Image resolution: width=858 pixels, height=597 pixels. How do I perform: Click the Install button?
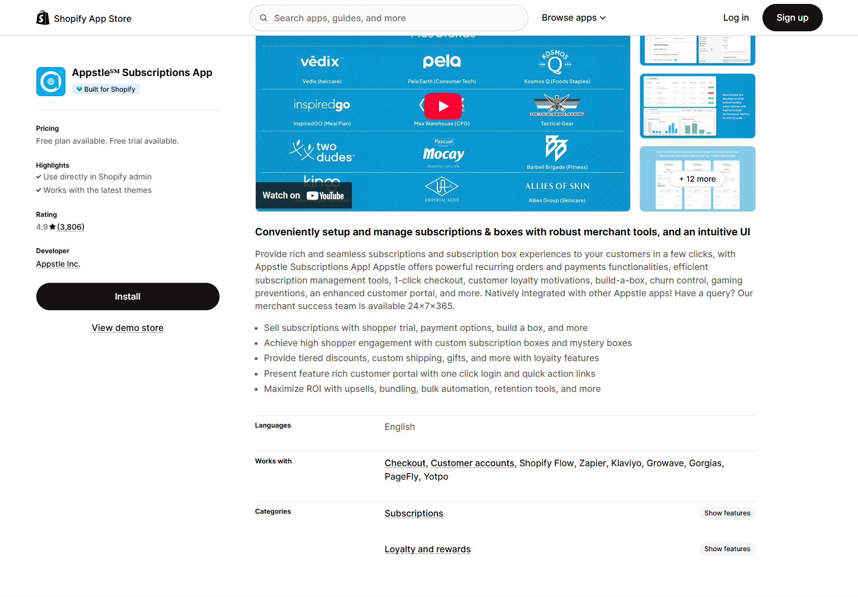coord(127,296)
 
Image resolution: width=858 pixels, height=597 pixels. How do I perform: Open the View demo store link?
coord(127,328)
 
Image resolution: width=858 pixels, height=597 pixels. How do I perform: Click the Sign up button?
coord(792,18)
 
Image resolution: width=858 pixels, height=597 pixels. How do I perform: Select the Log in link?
coord(736,18)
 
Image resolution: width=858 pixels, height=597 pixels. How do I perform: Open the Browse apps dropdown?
coord(574,18)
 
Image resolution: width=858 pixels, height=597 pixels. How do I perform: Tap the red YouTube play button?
coord(443,106)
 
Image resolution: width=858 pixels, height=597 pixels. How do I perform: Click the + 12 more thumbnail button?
coord(697,179)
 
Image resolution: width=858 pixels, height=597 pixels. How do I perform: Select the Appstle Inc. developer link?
coord(58,264)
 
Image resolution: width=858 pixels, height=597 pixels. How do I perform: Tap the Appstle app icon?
coord(51,82)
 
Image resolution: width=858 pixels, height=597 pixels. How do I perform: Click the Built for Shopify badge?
coord(106,89)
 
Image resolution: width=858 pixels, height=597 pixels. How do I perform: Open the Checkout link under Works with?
coord(405,463)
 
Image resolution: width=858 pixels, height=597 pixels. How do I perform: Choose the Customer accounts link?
coord(472,463)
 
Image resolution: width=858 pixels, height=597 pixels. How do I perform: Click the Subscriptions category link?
coord(413,514)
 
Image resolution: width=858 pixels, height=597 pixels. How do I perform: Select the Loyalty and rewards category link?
coord(427,549)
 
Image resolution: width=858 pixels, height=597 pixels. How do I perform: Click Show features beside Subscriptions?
coord(727,513)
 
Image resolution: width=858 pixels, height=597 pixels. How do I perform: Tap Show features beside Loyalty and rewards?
coord(727,549)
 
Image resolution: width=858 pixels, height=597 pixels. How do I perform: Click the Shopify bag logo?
coord(43,18)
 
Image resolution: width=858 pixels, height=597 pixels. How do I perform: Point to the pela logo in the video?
coord(441,61)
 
